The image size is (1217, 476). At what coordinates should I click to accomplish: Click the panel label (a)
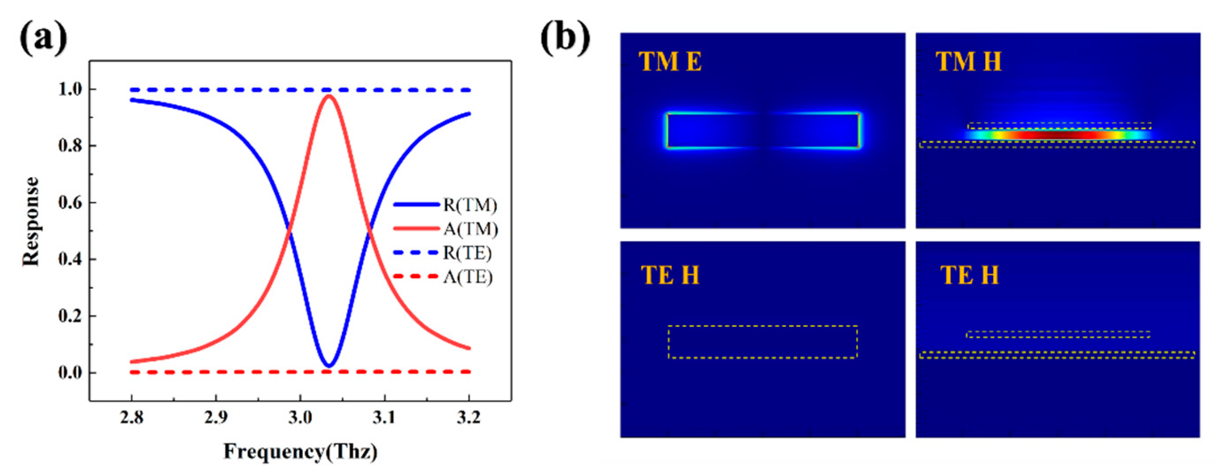click(43, 37)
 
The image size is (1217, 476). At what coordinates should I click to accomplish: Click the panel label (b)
click(565, 37)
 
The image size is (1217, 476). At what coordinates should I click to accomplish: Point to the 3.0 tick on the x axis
click(300, 418)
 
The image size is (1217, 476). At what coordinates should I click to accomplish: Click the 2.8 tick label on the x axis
click(132, 418)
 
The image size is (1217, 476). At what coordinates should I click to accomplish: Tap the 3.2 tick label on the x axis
click(468, 418)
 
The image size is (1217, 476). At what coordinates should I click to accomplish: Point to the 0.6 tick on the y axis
click(70, 203)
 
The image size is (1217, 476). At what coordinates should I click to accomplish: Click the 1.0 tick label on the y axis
click(70, 89)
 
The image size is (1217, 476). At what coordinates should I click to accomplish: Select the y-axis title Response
click(31, 222)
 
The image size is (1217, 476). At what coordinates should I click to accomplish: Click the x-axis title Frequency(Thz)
click(300, 451)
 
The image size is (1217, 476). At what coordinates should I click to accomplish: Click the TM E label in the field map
click(670, 62)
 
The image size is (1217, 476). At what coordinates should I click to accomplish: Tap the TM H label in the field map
click(968, 62)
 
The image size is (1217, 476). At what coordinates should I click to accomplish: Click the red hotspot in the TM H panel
click(1058, 135)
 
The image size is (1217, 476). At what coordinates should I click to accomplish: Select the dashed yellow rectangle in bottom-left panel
click(763, 326)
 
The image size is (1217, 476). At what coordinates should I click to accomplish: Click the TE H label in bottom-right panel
click(969, 275)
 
